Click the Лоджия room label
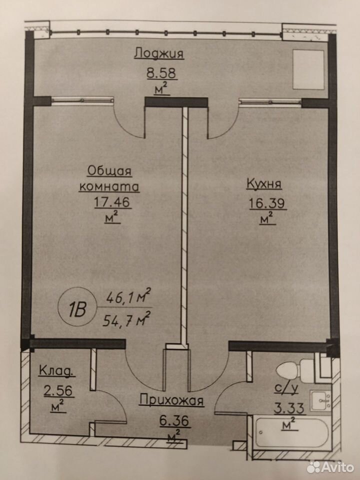click(159, 53)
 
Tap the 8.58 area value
click(161, 73)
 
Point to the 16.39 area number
click(267, 203)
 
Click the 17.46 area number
click(112, 202)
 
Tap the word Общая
click(109, 171)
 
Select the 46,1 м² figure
click(128, 296)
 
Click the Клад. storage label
click(56, 371)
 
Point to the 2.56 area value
click(58, 391)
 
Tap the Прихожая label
click(171, 400)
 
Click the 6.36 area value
click(174, 421)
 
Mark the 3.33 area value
click(288, 408)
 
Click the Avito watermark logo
click(330, 467)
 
